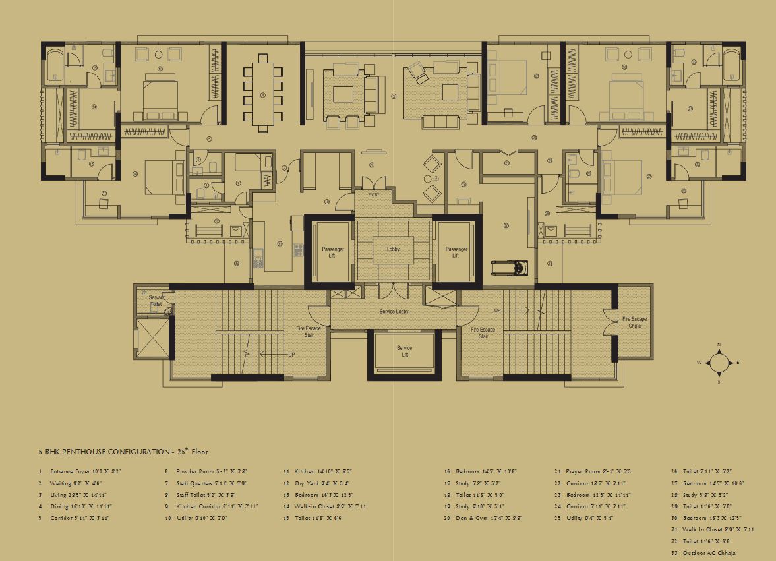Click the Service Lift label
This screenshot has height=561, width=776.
tap(404, 351)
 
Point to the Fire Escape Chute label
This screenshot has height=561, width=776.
tap(634, 322)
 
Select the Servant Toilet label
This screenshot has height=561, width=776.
tap(156, 301)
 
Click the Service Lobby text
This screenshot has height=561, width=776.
tap(394, 311)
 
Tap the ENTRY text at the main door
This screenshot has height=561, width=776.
tap(374, 194)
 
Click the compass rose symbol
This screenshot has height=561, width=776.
tap(719, 362)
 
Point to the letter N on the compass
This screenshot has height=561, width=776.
tap(719, 345)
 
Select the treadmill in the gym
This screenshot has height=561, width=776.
tap(510, 268)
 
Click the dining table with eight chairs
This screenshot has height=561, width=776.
tap(262, 95)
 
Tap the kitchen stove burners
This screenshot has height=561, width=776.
tap(297, 250)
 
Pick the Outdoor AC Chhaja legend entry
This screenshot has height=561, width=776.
tap(707, 552)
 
